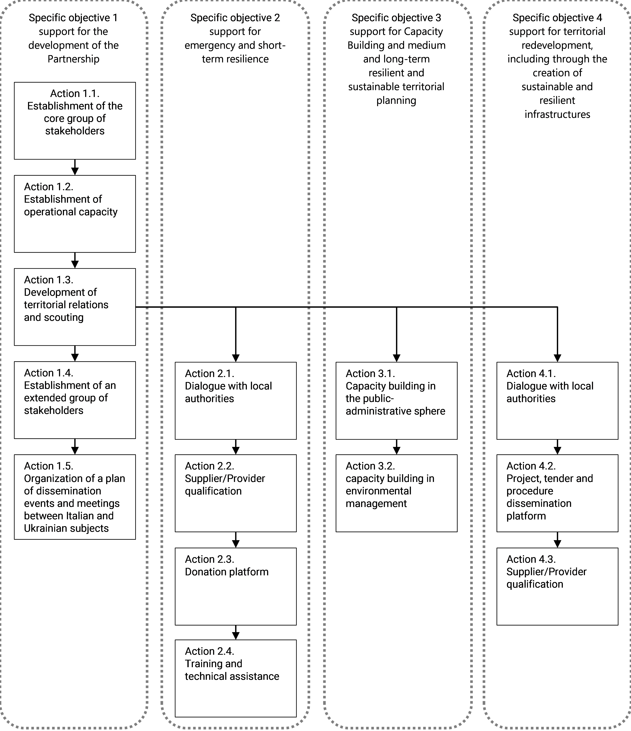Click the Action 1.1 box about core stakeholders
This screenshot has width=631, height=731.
75,121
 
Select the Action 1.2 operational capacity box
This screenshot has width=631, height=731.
75,214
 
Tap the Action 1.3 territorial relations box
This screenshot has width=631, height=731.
75,307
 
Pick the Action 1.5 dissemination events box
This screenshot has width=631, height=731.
75,497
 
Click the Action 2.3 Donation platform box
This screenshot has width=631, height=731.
236,586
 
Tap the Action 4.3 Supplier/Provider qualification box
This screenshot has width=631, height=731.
557,586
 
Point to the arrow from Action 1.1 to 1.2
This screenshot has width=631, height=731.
75,167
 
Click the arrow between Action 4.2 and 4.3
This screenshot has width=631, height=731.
557,540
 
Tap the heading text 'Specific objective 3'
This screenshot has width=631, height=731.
396,18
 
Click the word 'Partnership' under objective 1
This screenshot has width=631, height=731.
73,59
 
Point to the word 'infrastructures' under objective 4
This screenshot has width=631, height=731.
557,114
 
